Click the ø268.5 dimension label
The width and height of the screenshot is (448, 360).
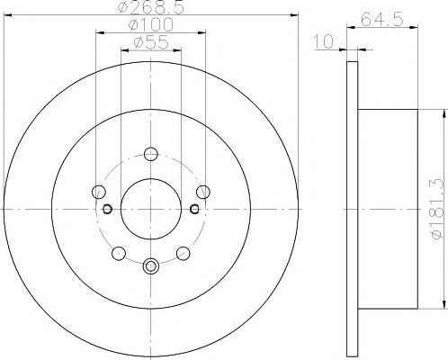(150, 11)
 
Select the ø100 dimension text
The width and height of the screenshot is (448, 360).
(150, 26)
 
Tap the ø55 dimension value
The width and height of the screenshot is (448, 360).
(150, 42)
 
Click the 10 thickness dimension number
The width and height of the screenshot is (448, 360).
(325, 40)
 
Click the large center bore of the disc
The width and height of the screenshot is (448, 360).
(150, 208)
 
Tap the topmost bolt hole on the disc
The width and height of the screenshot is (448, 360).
(150, 153)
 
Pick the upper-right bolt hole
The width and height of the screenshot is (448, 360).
(203, 191)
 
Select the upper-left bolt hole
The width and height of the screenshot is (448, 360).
(98, 191)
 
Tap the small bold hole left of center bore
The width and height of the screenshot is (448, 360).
(107, 209)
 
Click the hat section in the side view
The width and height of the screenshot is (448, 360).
(387, 208)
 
